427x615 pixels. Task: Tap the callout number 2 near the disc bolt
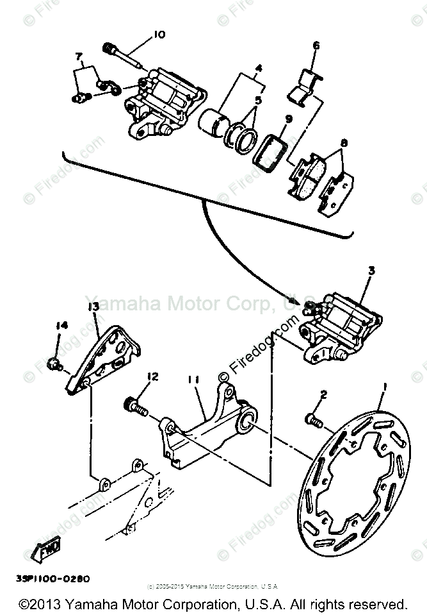click(324, 394)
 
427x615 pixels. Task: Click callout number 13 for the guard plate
click(93, 307)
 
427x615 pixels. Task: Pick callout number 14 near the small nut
click(61, 326)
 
